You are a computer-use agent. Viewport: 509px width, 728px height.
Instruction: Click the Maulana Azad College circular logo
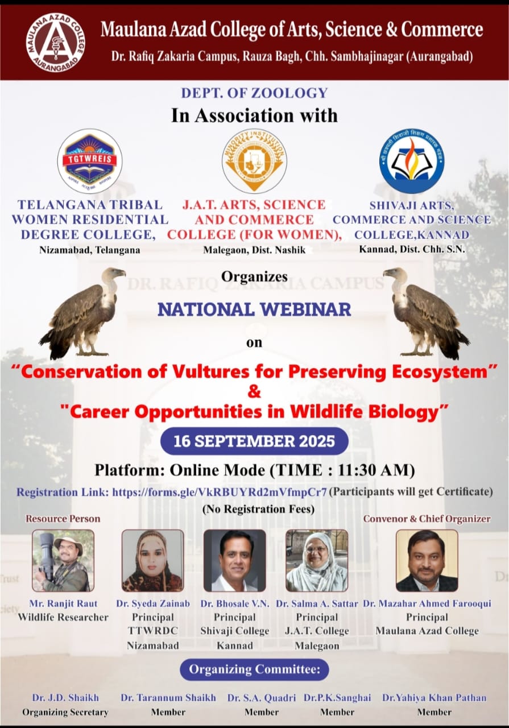56,43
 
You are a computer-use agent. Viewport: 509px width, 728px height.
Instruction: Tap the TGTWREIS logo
90,161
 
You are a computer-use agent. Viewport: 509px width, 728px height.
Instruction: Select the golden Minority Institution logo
255,160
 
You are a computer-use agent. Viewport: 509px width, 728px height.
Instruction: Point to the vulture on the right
427,313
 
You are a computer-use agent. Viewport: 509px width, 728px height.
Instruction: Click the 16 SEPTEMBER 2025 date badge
255,441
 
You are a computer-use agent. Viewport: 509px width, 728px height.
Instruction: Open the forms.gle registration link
220,492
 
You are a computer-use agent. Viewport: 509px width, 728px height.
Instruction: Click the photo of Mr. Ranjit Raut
63,561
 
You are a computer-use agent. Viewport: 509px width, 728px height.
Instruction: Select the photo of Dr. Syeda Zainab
153,561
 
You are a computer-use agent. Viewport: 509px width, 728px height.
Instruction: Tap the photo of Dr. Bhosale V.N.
235,561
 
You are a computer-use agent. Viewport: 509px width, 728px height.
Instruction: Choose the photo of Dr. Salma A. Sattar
317,561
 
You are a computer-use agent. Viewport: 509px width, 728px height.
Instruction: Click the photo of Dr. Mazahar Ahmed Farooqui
427,561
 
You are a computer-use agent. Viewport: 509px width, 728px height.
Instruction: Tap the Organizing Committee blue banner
255,670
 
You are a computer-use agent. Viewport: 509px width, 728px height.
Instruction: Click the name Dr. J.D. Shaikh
65,698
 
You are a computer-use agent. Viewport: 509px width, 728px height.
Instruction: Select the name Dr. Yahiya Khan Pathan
434,698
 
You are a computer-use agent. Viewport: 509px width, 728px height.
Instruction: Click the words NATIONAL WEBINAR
255,309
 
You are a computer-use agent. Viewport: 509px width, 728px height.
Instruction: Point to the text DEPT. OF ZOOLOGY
255,93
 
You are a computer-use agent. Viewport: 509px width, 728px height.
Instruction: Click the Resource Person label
63,519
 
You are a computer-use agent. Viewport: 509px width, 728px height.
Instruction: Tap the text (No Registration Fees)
259,509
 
